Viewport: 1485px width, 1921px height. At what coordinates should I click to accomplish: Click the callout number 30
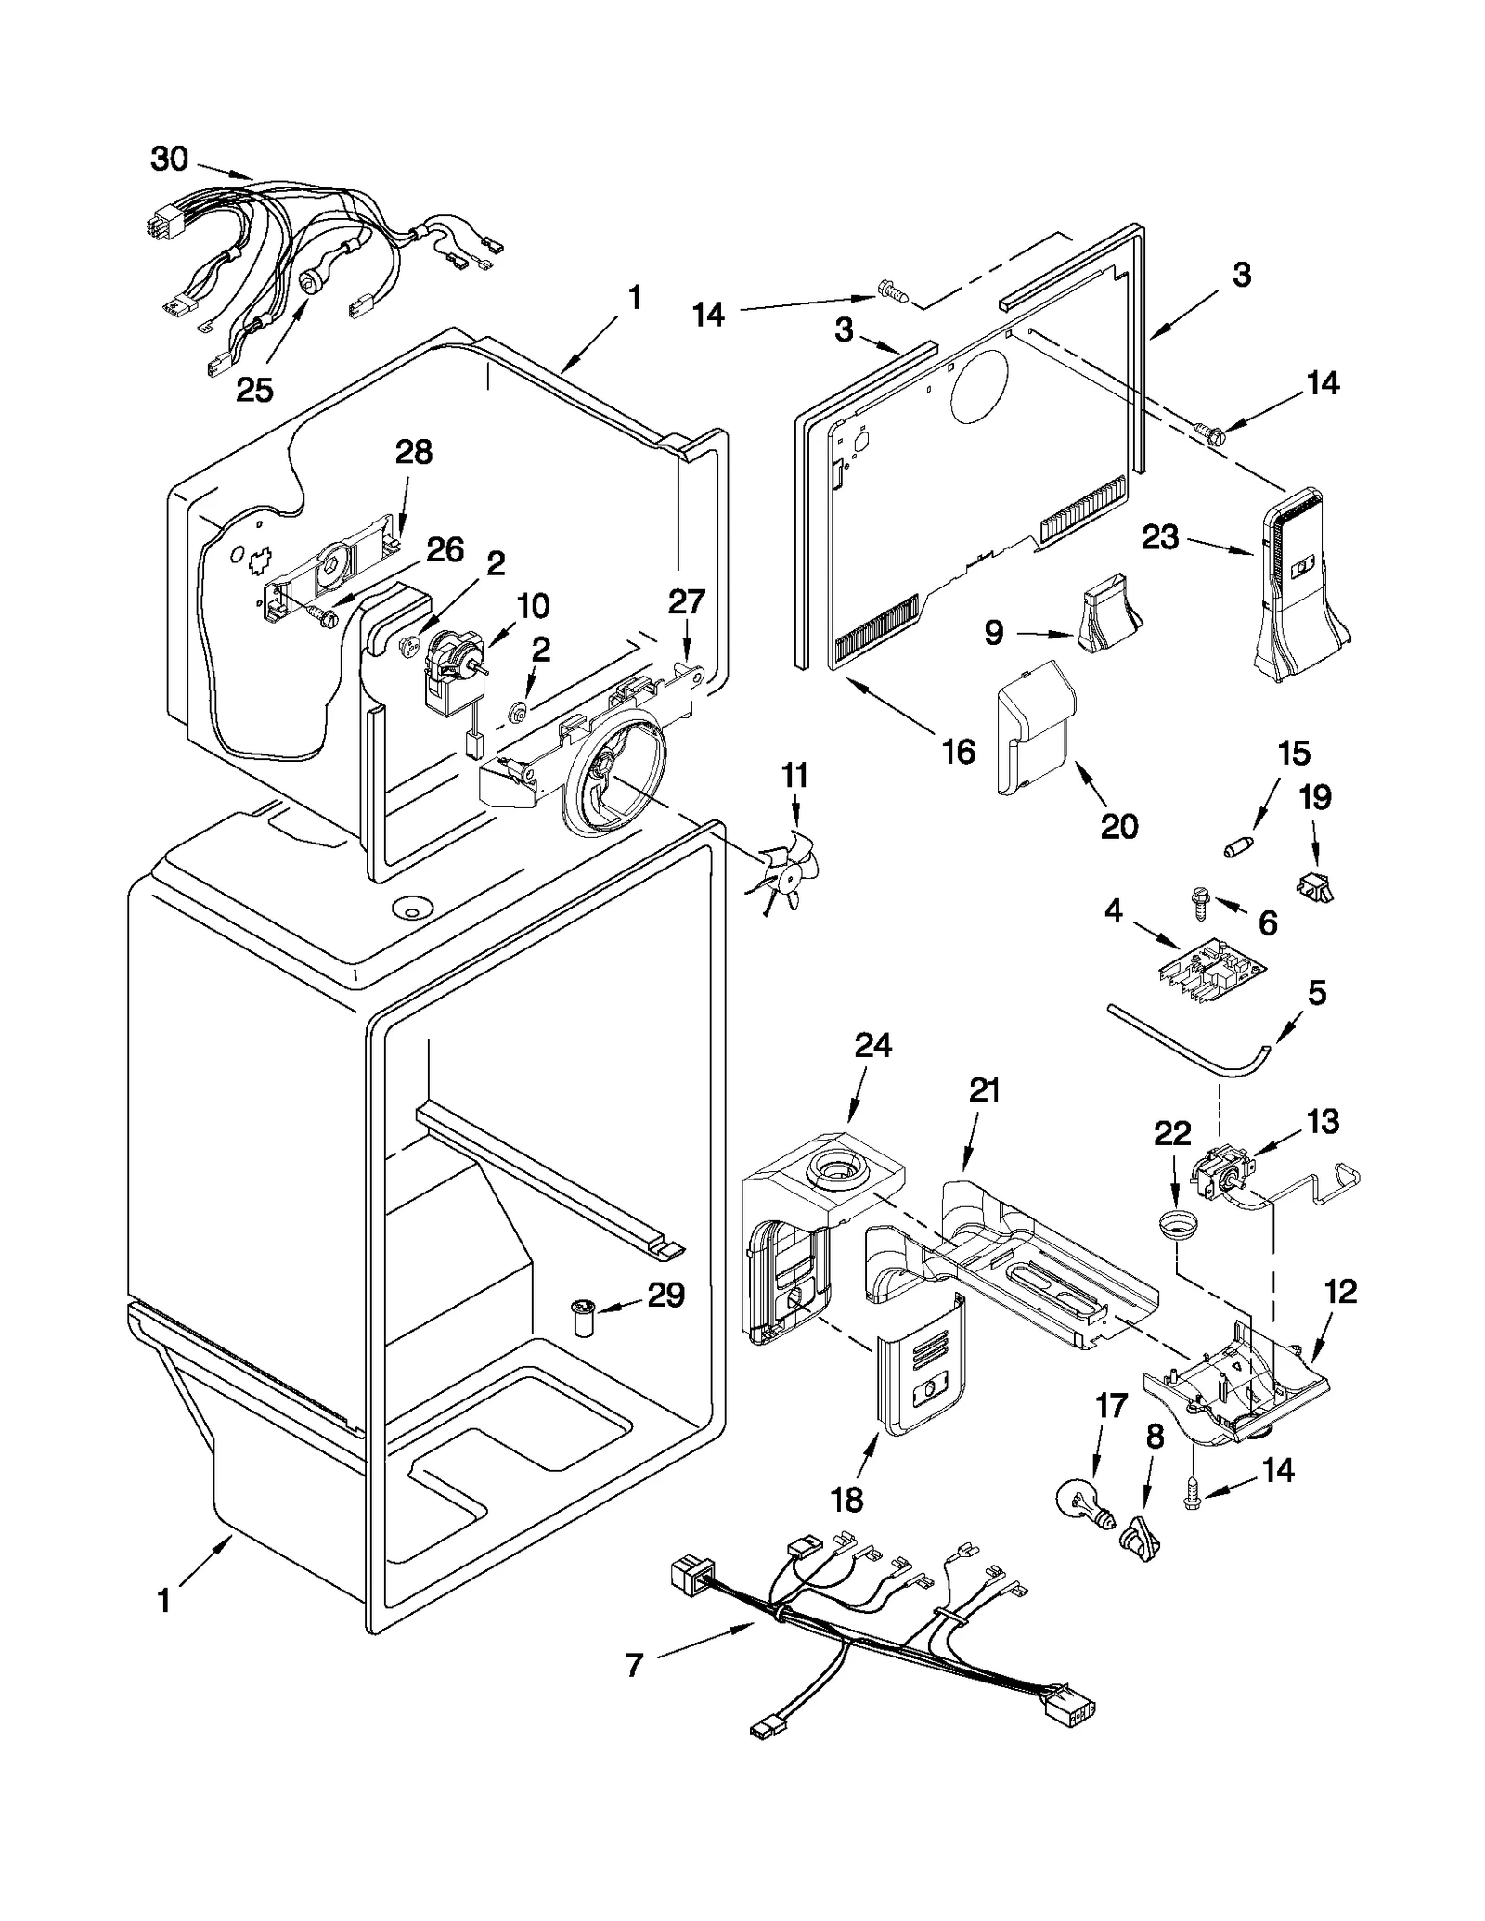pyautogui.click(x=169, y=160)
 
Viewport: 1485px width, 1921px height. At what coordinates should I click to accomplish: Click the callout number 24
pyautogui.click(x=872, y=1046)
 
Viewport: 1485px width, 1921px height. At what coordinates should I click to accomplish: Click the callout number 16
pyautogui.click(x=959, y=752)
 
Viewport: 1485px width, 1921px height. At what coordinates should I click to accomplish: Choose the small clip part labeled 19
pyautogui.click(x=1314, y=885)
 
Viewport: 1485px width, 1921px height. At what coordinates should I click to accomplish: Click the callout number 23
pyautogui.click(x=1159, y=537)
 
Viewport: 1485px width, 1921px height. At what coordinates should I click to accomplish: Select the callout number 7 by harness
pyautogui.click(x=635, y=1666)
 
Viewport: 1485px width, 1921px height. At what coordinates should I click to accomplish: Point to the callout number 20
pyautogui.click(x=1118, y=826)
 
